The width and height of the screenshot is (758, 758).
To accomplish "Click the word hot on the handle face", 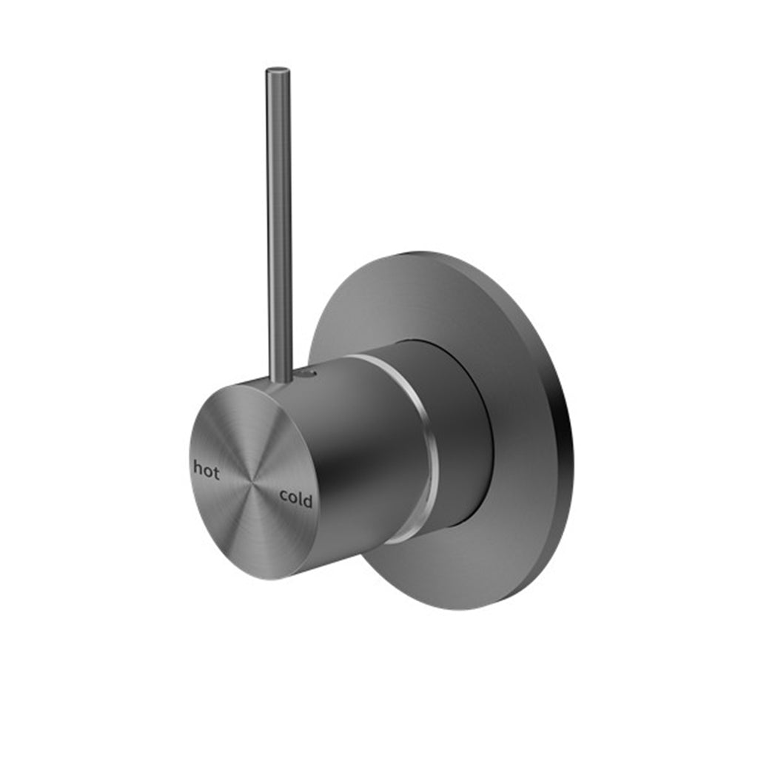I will point(206,469).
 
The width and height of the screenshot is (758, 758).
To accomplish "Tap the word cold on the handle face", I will point(295,500).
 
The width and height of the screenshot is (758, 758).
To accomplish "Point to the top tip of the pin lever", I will point(278,71).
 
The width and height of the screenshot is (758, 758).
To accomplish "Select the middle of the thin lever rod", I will point(279,222).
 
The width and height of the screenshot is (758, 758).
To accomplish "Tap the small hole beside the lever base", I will point(310,375).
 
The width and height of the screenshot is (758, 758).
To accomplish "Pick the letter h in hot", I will point(197,469).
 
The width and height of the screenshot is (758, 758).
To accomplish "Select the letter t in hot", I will point(216,471).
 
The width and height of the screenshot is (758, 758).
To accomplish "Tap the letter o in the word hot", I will point(207,471).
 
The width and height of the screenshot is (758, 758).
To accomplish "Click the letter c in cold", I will point(284,498).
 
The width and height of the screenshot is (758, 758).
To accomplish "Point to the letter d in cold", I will point(307,501).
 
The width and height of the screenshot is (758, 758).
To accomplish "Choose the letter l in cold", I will point(300,500).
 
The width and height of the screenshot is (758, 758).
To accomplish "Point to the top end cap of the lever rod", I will point(278,71).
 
